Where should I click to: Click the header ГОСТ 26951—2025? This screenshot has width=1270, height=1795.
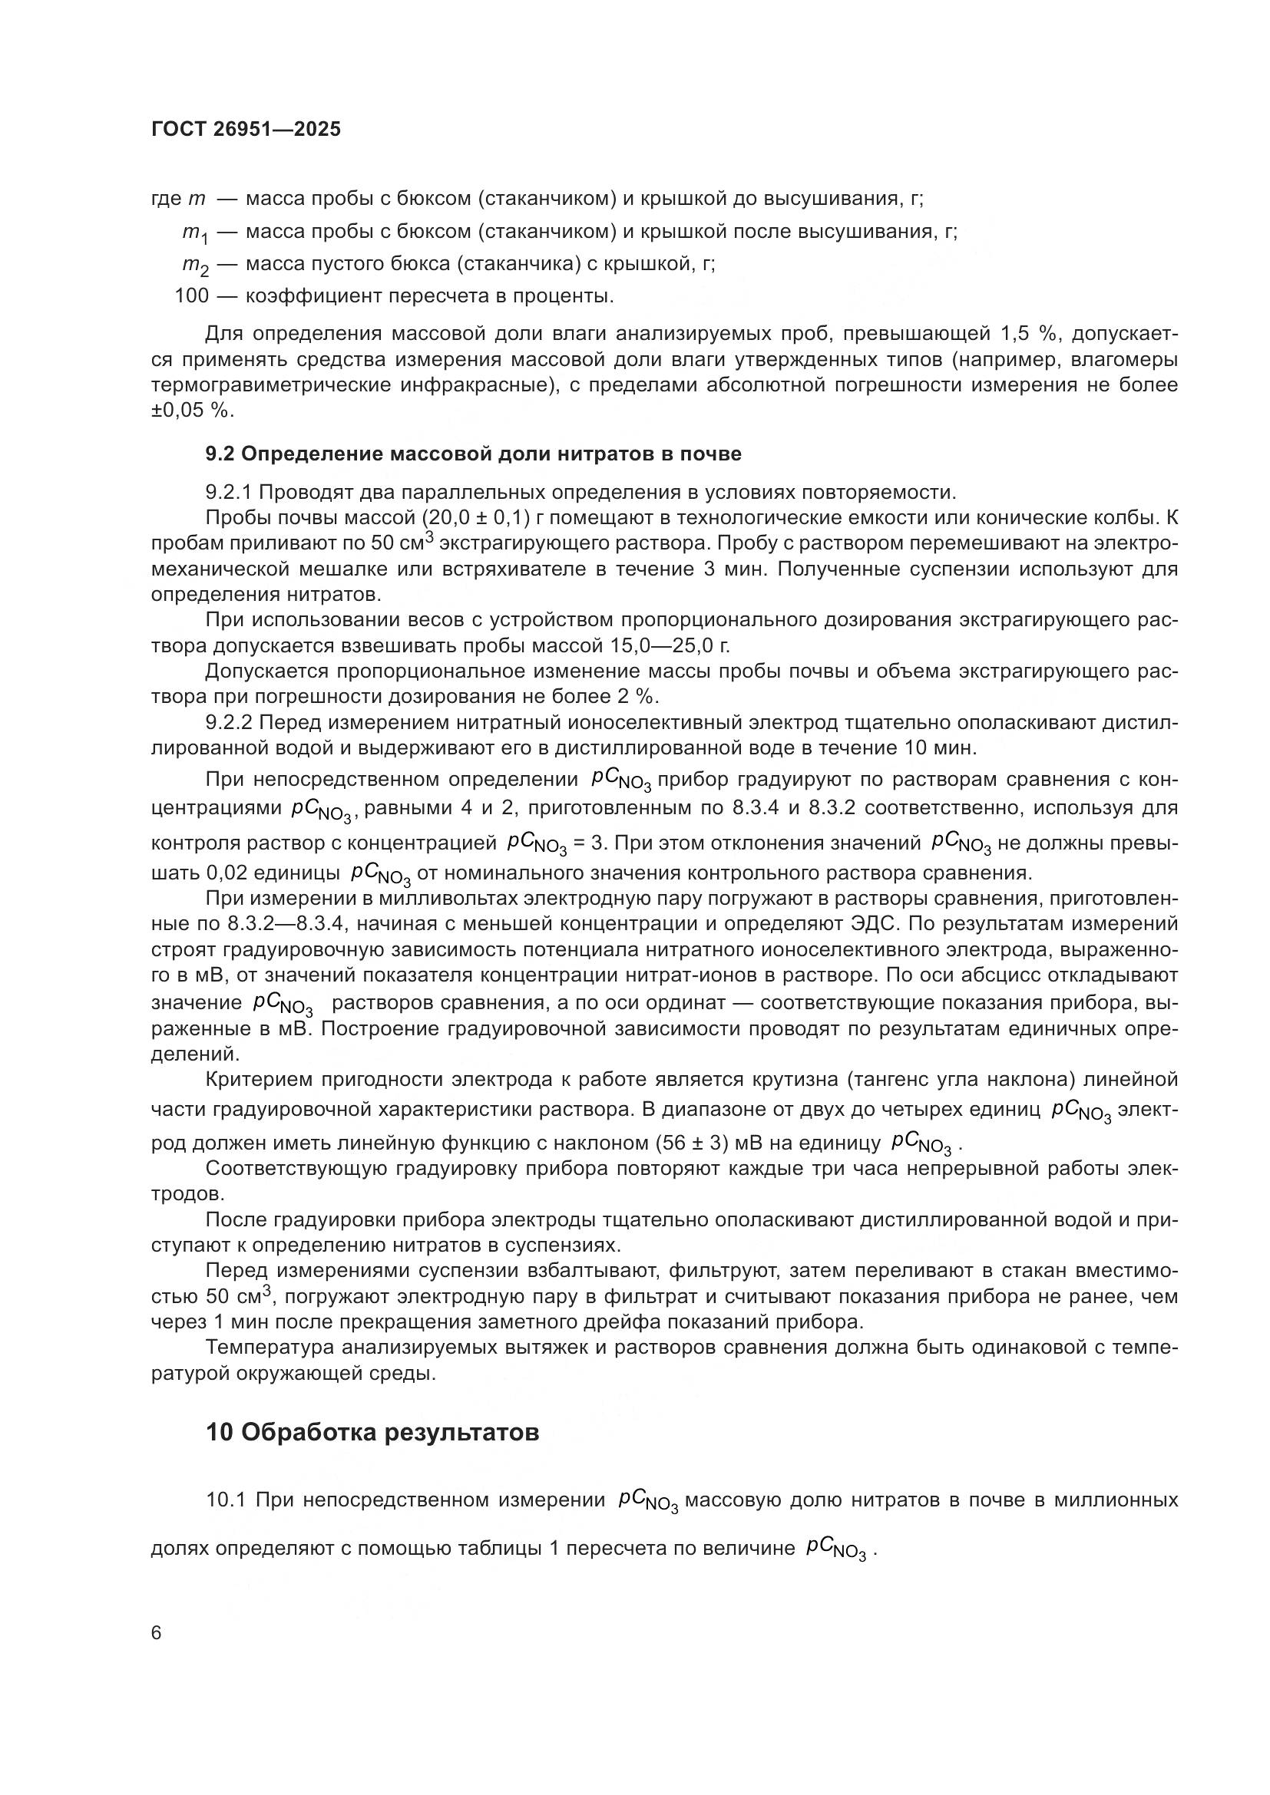click(x=246, y=130)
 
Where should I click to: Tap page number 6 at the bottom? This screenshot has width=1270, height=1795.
click(x=157, y=1634)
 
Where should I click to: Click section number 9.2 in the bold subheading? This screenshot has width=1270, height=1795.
click(x=220, y=454)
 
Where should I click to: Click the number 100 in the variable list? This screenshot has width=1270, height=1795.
click(x=192, y=296)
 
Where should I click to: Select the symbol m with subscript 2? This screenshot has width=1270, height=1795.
click(x=196, y=265)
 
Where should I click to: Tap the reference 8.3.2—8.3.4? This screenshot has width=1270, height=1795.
click(x=289, y=923)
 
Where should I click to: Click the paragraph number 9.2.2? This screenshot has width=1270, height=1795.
click(x=229, y=722)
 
